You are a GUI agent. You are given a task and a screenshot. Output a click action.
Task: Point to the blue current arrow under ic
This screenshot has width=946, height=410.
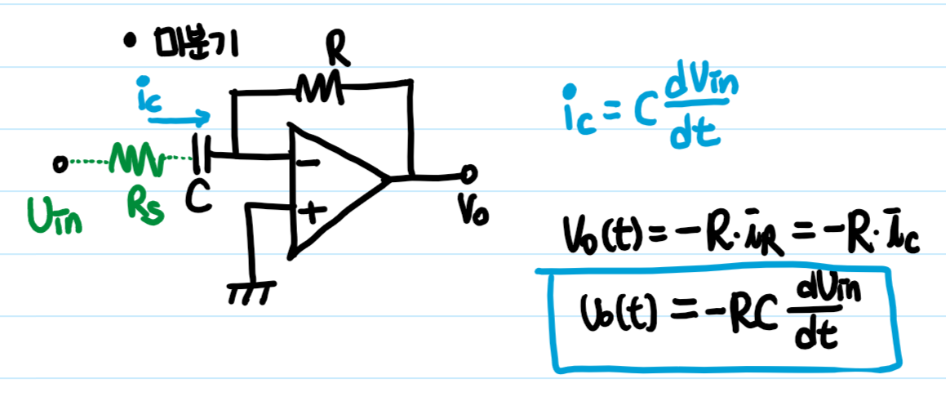pos(180,118)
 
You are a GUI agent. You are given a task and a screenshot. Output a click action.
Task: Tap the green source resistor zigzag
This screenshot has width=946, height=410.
pos(136,159)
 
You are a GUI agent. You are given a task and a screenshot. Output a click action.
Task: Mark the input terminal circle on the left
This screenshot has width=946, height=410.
pos(59,165)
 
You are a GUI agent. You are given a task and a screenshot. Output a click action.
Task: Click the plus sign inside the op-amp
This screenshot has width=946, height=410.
pos(310,214)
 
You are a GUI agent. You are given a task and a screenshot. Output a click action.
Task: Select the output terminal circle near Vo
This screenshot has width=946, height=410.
pos(469,174)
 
